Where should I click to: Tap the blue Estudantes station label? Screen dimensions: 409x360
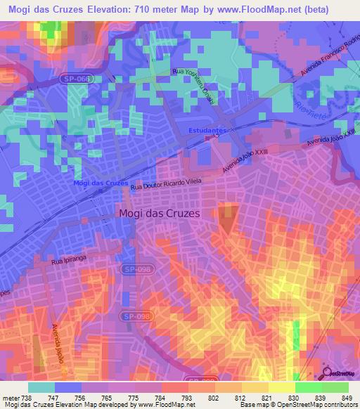point(207,131)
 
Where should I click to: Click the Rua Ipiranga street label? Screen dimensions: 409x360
point(67,261)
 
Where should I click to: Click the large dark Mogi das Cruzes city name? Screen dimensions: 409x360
point(159,213)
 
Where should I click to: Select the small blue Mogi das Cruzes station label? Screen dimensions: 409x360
point(101,183)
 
